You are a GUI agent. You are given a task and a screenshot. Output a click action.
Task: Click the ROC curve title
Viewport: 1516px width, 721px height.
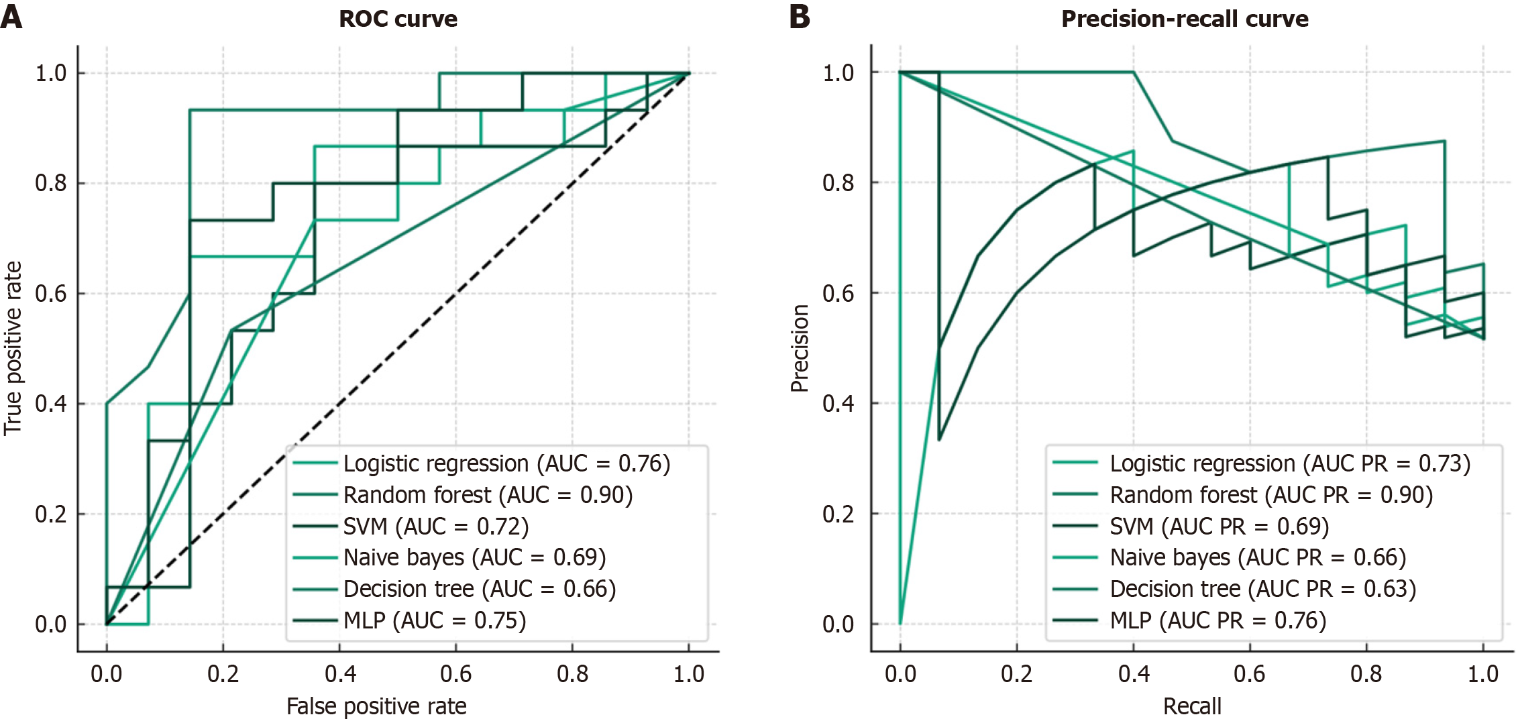(x=398, y=19)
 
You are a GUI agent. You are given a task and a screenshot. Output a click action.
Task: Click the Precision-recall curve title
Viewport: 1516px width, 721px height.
(x=1184, y=19)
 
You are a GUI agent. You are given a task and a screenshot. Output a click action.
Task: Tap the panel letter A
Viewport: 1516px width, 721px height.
(x=11, y=16)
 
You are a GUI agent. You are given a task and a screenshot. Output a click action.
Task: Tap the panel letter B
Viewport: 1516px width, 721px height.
(x=800, y=16)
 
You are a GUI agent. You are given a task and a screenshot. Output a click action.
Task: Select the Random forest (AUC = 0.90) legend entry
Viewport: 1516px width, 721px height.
(x=488, y=495)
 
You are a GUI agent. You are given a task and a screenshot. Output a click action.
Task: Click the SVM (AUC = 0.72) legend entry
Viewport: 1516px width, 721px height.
(x=436, y=526)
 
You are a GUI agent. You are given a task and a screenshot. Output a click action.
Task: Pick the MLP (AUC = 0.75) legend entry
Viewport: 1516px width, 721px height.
(x=435, y=620)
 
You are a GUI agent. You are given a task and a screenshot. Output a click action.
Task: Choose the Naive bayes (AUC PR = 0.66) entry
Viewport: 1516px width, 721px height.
(x=1258, y=557)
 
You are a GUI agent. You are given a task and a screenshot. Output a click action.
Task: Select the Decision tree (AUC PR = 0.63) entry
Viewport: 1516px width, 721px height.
(x=1262, y=589)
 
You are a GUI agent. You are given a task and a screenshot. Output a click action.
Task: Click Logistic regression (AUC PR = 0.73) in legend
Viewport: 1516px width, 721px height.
(x=1289, y=463)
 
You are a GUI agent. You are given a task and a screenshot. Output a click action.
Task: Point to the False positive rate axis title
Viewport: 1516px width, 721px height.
(x=376, y=706)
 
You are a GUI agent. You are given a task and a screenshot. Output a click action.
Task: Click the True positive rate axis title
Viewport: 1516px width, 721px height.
(x=13, y=349)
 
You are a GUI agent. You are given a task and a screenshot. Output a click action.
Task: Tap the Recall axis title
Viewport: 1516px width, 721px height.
(x=1192, y=706)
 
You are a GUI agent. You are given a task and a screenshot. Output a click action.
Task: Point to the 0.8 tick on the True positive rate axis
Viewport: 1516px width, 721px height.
(x=51, y=183)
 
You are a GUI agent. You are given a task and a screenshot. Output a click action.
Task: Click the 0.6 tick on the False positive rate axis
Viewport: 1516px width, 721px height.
(x=456, y=673)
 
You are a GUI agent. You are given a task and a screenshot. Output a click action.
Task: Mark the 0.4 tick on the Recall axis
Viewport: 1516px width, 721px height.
(x=1134, y=673)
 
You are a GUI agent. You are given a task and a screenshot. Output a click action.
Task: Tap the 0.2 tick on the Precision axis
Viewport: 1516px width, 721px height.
(x=838, y=514)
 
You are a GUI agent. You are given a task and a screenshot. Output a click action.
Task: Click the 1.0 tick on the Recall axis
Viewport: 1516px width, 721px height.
(x=1483, y=673)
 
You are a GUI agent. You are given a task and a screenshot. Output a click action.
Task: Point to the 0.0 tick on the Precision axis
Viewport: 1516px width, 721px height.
(x=838, y=624)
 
